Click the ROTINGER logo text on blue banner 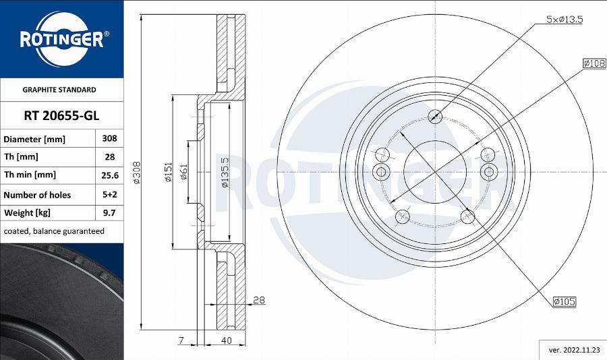coord(61,40)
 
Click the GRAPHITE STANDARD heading coord(59,90)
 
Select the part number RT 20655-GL coord(61,115)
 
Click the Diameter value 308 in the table coord(109,138)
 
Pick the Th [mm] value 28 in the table coord(109,157)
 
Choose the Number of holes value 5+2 coord(109,195)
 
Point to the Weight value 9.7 coord(109,213)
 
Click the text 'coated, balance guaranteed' coord(54,231)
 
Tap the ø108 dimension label coord(593,63)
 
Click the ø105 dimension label coord(564,302)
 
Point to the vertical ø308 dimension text coord(137,173)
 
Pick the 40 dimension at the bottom coord(226,341)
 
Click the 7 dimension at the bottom coord(181,341)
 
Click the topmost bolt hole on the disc coord(436,116)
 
